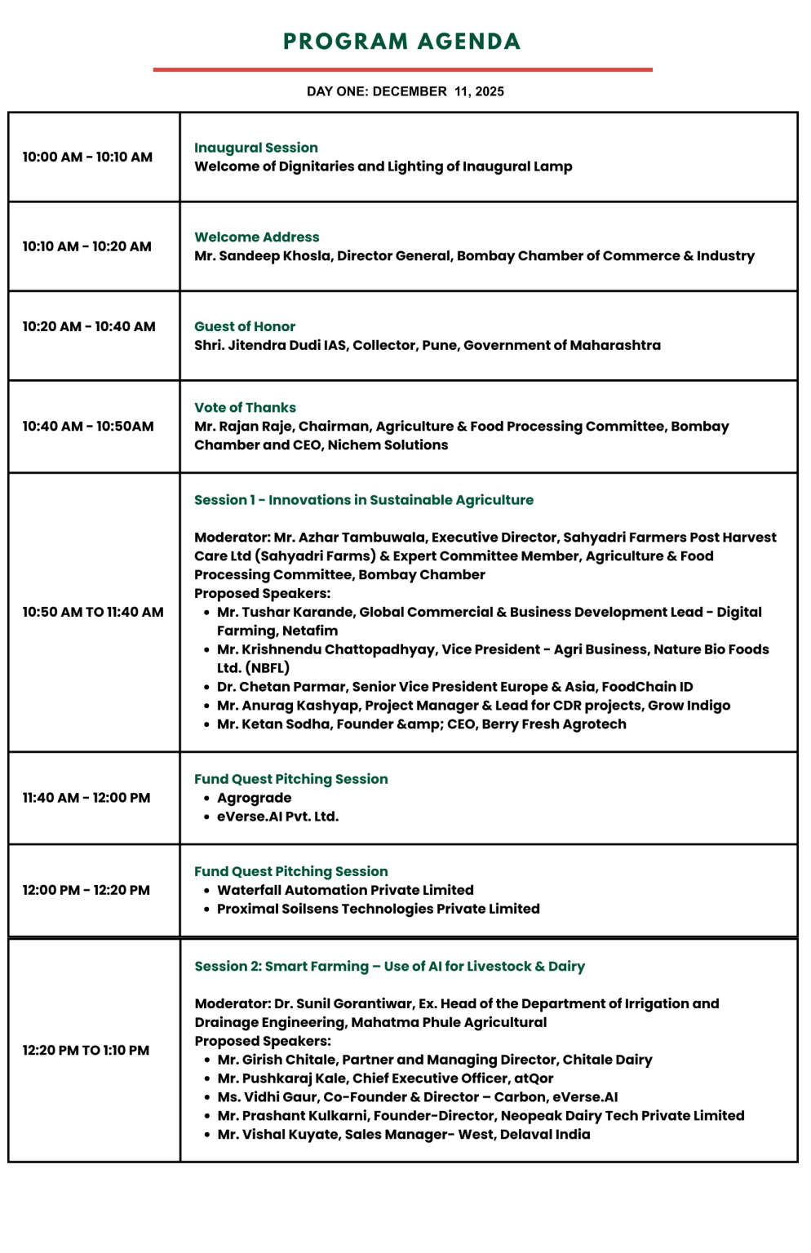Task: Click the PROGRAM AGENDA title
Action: pyautogui.click(x=401, y=42)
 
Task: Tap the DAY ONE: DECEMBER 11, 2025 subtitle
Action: pyautogui.click(x=405, y=91)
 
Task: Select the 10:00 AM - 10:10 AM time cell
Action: pyautogui.click(x=87, y=157)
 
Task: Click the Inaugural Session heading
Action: pyautogui.click(x=255, y=148)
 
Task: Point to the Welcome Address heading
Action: pyautogui.click(x=256, y=237)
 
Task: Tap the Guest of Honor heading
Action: pyautogui.click(x=245, y=326)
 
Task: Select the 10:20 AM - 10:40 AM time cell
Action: pyautogui.click(x=88, y=326)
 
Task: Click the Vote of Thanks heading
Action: pyautogui.click(x=245, y=408)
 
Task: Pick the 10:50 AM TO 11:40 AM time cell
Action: pyautogui.click(x=92, y=612)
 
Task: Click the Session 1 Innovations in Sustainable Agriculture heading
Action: pyautogui.click(x=363, y=500)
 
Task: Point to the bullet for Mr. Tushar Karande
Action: pyautogui.click(x=207, y=613)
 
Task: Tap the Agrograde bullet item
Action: pyautogui.click(x=254, y=798)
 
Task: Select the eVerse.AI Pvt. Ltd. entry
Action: pyautogui.click(x=277, y=817)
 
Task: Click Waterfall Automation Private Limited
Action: pyautogui.click(x=345, y=890)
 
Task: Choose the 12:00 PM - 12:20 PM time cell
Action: pyautogui.click(x=86, y=890)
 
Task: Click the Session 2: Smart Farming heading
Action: pyautogui.click(x=389, y=967)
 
